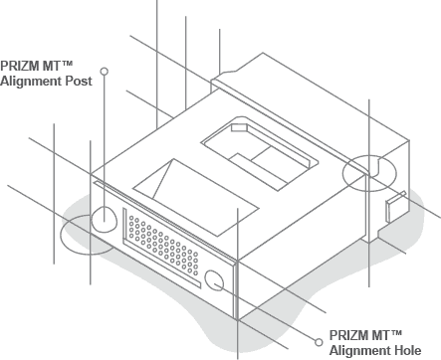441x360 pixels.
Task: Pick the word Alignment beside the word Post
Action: point(32,81)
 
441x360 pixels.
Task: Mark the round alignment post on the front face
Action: point(106,218)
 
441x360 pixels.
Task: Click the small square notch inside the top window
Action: point(239,126)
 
